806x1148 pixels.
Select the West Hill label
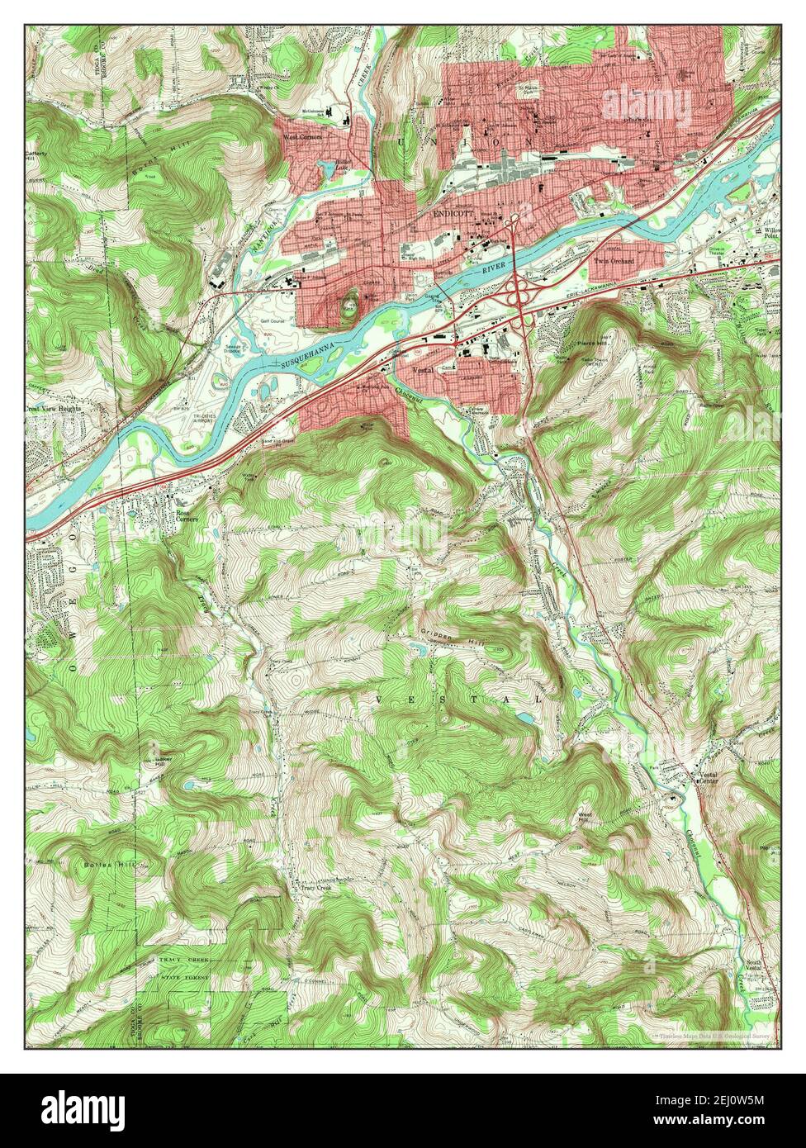coord(586,816)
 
